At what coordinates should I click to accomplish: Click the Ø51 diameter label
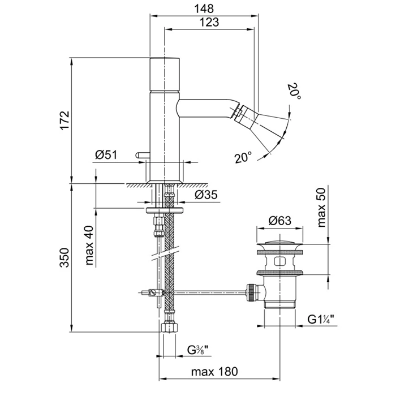(x=106, y=155)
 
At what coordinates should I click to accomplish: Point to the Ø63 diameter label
(x=277, y=221)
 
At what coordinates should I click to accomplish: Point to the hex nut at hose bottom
(x=167, y=328)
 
